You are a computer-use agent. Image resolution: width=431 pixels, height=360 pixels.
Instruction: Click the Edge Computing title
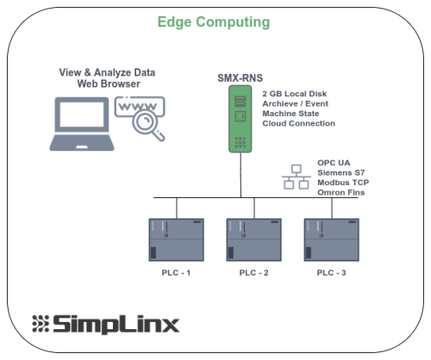tap(214, 22)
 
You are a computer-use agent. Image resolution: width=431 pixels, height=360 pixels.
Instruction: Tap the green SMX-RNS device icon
tap(240, 119)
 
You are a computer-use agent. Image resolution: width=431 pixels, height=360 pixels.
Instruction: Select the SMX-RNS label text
tap(240, 78)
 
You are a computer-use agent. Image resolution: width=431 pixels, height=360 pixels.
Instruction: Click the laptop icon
tap(82, 124)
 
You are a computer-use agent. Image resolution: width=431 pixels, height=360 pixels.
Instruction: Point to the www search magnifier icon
tap(140, 119)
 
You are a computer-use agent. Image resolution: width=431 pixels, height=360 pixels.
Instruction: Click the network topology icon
tap(297, 177)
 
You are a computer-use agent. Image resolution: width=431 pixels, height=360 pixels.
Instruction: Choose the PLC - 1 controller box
tap(177, 239)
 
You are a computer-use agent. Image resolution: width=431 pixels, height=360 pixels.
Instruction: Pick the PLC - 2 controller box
tap(254, 239)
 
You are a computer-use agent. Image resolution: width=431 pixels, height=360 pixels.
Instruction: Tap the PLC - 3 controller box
tap(332, 239)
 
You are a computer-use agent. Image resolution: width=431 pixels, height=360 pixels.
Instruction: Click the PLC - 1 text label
tap(176, 272)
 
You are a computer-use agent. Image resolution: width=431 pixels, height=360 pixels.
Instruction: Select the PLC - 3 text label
tap(331, 272)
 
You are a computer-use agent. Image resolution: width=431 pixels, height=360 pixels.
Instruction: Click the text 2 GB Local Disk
tap(295, 94)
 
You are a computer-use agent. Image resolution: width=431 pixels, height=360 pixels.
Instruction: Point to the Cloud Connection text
tap(299, 123)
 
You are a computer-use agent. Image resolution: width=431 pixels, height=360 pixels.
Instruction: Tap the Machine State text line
tap(290, 114)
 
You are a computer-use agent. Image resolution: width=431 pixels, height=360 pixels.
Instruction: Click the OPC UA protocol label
tap(334, 163)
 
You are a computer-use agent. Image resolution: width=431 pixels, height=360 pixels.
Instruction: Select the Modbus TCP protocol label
tap(343, 183)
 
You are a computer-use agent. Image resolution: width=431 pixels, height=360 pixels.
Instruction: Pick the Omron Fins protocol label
tap(341, 192)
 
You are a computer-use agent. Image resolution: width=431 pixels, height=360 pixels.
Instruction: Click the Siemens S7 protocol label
tap(341, 173)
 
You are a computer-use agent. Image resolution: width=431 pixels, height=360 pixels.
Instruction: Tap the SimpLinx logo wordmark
tap(106, 324)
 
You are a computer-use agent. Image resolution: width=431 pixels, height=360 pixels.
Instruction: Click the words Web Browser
tap(109, 84)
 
